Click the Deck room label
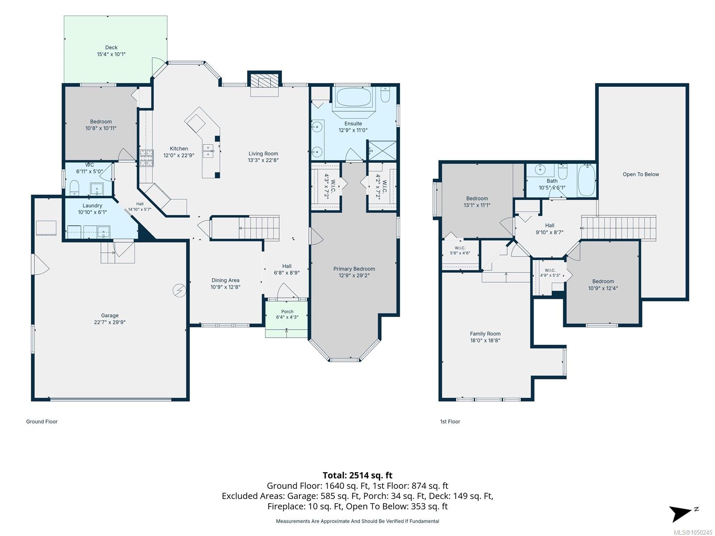click(x=111, y=47)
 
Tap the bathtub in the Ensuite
click(x=353, y=97)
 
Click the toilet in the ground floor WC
click(x=74, y=188)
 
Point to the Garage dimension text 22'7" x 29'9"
click(x=110, y=322)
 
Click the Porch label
click(x=287, y=311)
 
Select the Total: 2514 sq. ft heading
click(x=357, y=475)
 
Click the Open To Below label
click(x=640, y=175)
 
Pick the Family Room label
click(x=485, y=334)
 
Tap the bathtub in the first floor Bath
click(x=586, y=180)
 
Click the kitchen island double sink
click(x=208, y=151)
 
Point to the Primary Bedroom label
click(x=354, y=269)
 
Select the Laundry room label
click(x=92, y=205)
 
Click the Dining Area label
click(x=225, y=280)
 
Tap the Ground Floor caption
click(x=42, y=422)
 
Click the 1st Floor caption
click(x=450, y=422)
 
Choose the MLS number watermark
click(x=693, y=532)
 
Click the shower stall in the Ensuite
click(x=382, y=151)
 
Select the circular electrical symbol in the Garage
click(x=179, y=290)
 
